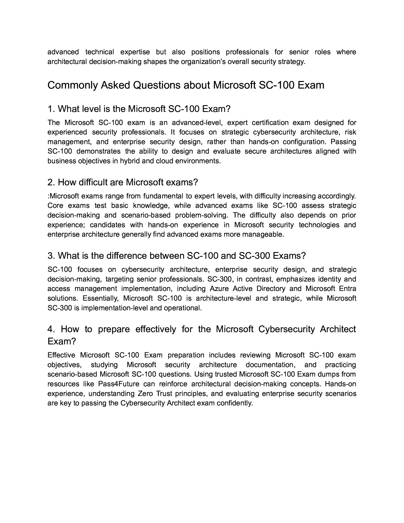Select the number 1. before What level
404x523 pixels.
point(51,109)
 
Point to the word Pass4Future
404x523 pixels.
point(119,384)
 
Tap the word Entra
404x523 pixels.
point(348,289)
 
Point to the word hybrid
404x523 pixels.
point(130,161)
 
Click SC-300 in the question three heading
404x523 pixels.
point(254,256)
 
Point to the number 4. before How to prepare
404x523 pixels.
point(51,329)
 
